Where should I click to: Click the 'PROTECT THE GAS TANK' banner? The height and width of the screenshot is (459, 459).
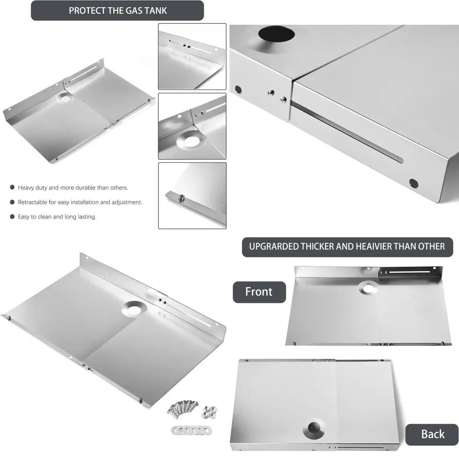(117, 11)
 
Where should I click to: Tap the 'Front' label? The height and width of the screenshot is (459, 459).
(259, 292)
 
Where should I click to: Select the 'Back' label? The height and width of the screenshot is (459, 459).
(432, 434)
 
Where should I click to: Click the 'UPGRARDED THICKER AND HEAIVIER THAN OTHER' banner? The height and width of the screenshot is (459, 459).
(347, 246)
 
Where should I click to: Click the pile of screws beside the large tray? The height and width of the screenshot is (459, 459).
(182, 407)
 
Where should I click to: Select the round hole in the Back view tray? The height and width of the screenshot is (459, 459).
(314, 428)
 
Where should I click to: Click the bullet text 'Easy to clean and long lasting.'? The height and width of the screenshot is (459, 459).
(57, 217)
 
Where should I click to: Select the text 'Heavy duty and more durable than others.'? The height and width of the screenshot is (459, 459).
(73, 188)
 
